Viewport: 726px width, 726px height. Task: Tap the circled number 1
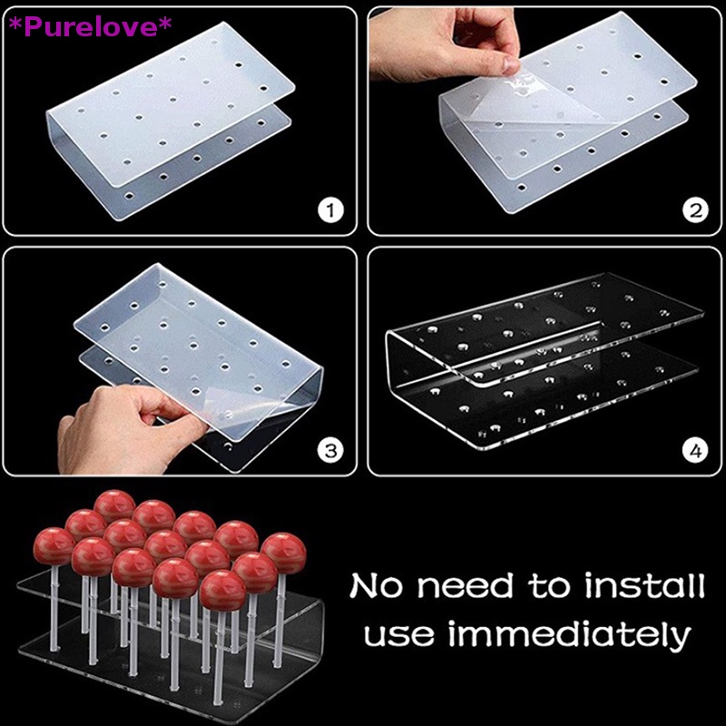[332, 211]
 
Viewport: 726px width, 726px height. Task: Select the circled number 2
[695, 211]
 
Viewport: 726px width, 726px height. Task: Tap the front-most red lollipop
[222, 588]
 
